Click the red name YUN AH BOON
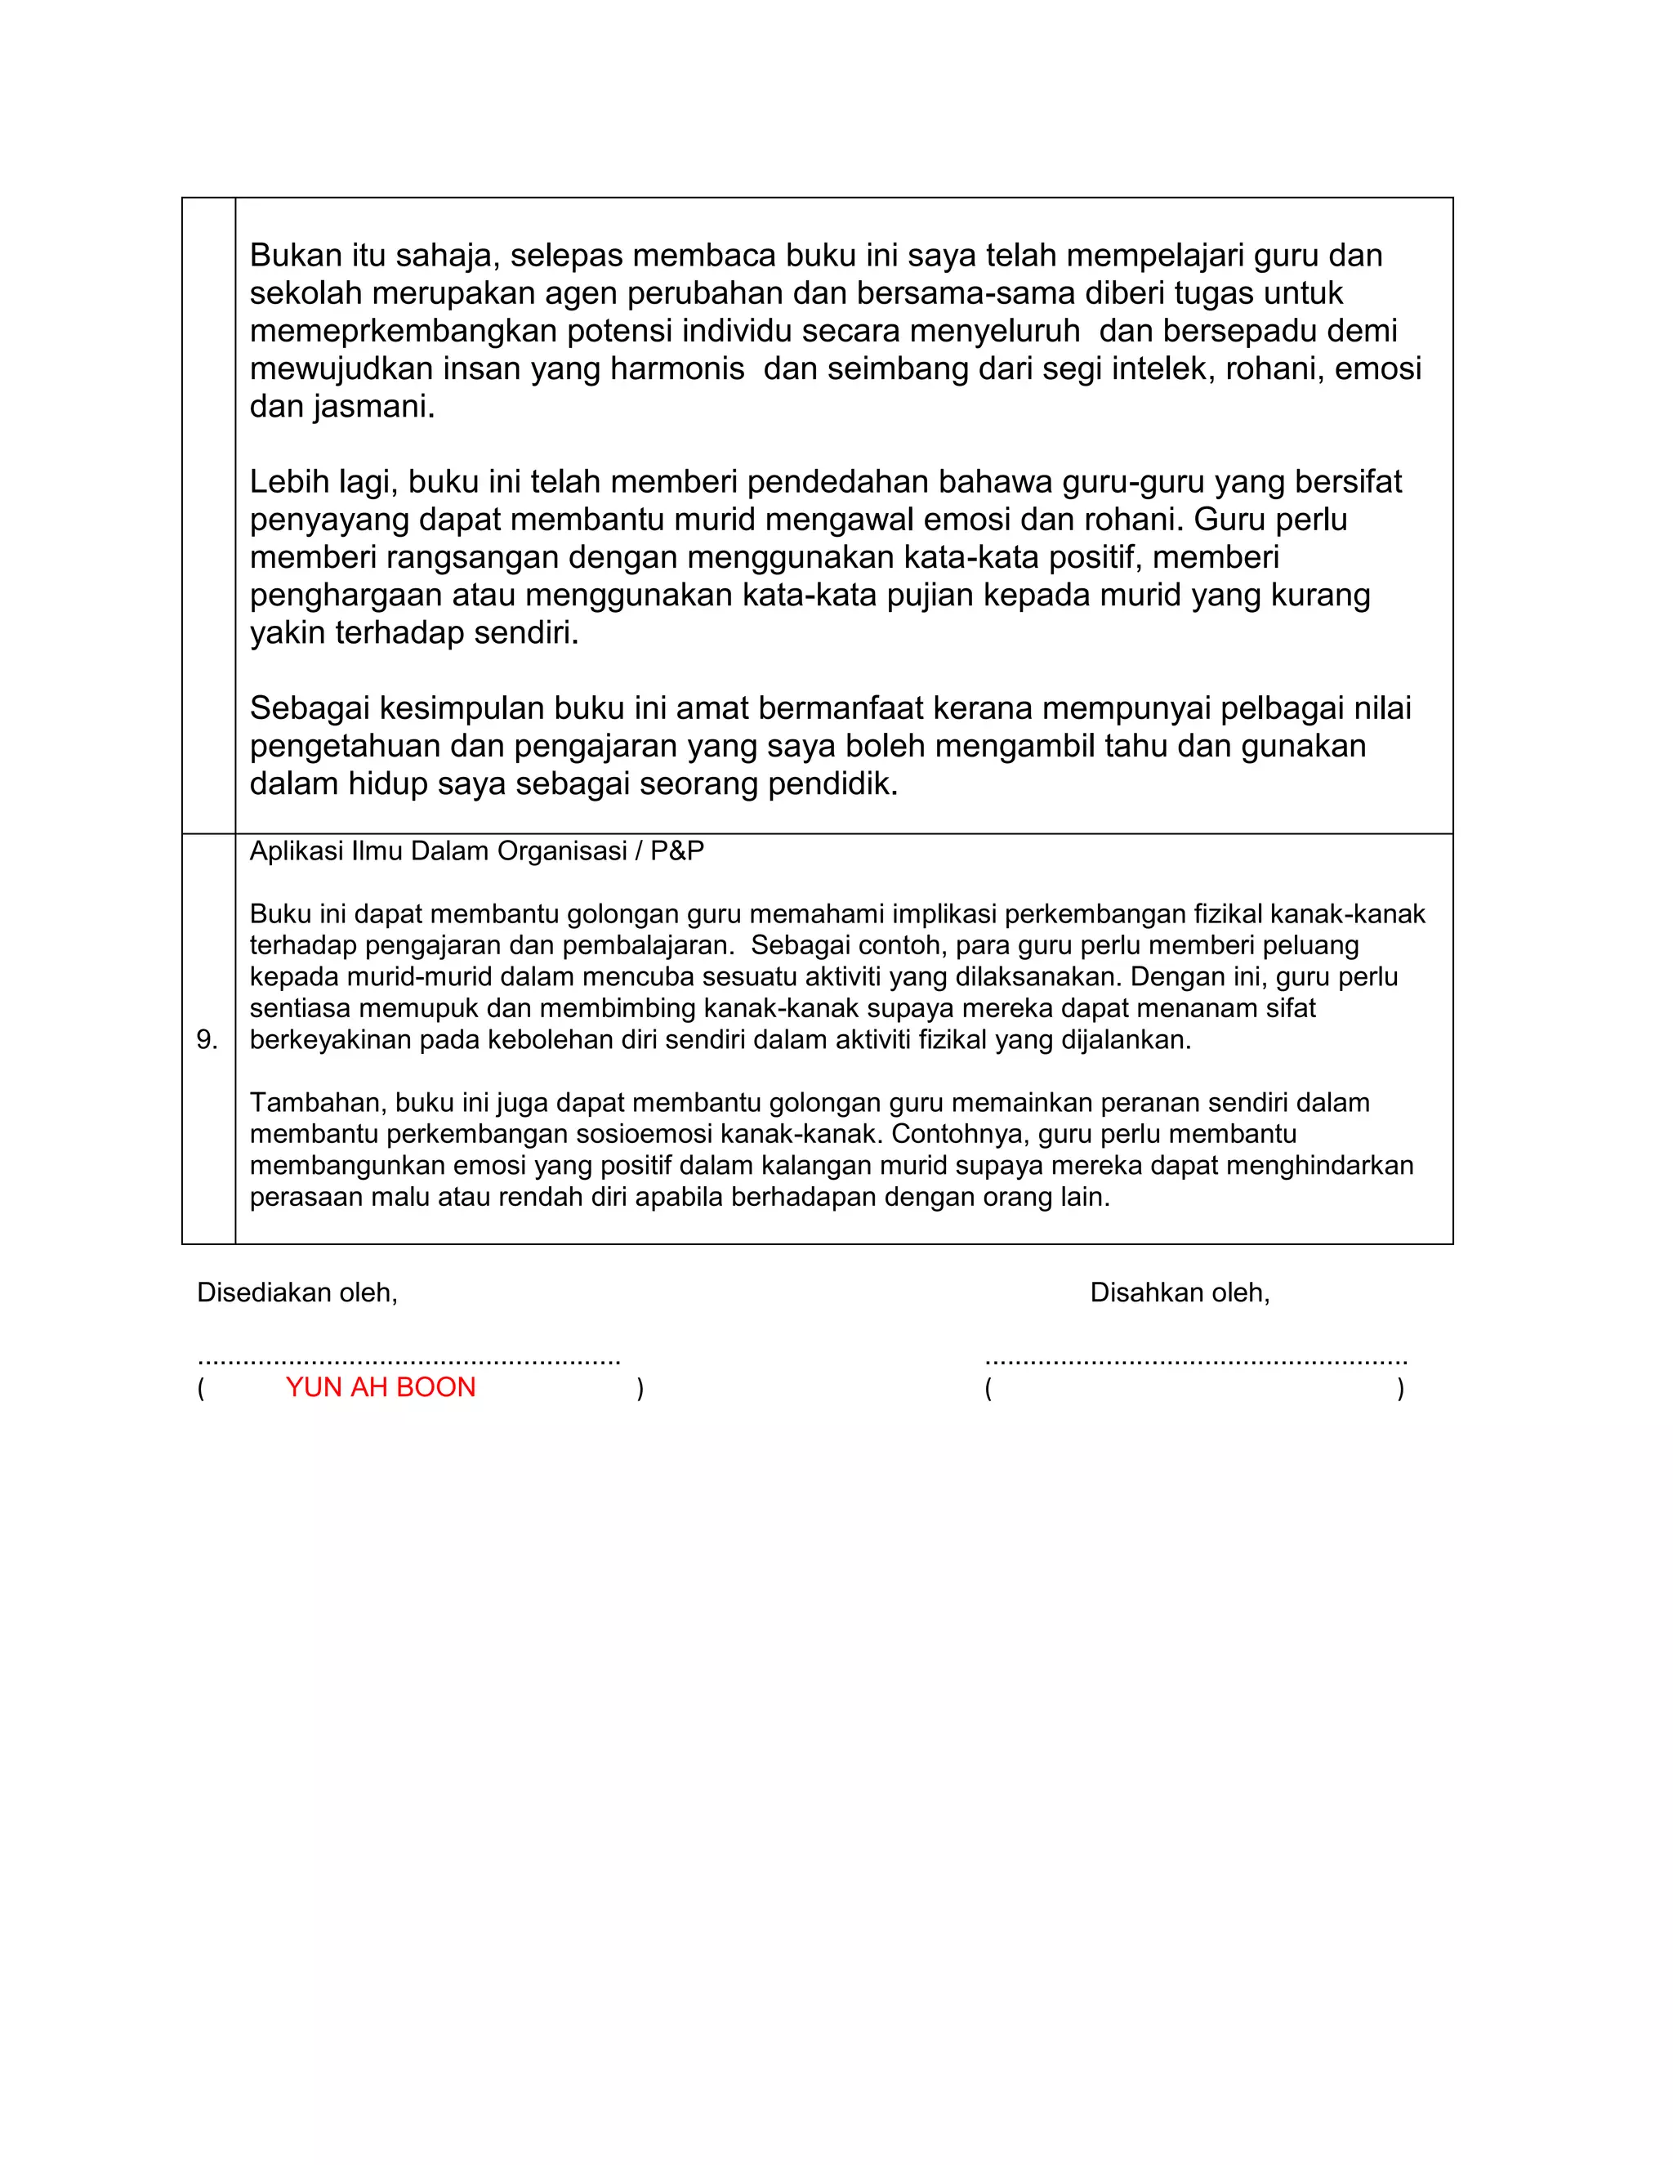381,1387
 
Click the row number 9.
206,1039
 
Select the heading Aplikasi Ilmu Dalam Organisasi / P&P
477,850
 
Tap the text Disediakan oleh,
297,1292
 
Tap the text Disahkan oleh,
1180,1292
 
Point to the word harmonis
677,368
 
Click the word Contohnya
954,1133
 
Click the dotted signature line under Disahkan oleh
1195,1361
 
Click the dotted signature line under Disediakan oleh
408,1361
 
